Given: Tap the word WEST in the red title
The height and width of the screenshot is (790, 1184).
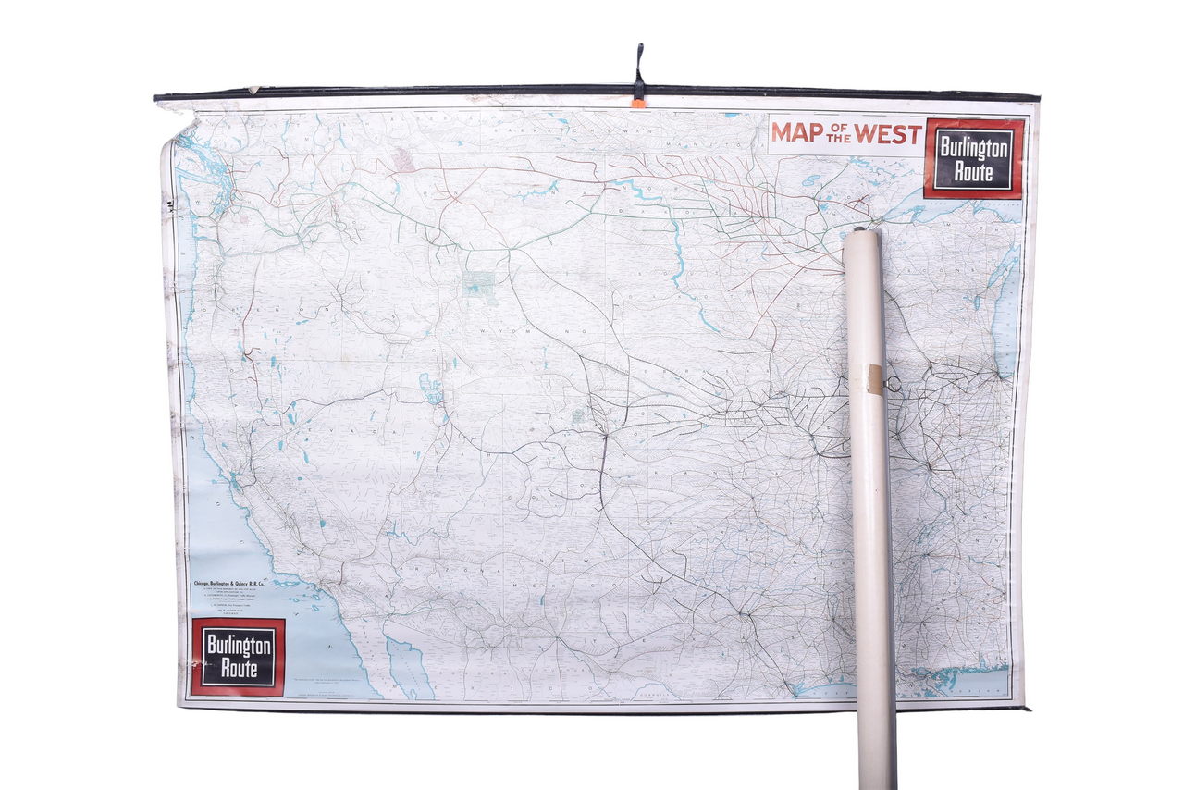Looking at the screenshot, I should tap(888, 132).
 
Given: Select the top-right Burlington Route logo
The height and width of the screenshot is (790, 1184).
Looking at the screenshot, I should tap(974, 158).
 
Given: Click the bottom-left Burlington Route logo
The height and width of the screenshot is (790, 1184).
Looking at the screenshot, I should tap(238, 657).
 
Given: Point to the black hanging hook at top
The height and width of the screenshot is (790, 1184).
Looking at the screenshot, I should tap(638, 68).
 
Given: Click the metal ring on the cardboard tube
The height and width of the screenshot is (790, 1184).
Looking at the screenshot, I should tap(894, 383).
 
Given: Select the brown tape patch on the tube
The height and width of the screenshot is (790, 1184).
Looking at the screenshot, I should tap(874, 377).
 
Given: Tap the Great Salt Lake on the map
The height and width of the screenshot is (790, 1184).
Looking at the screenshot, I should tap(430, 388).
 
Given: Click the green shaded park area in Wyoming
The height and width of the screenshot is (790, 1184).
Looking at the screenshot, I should tap(479, 282).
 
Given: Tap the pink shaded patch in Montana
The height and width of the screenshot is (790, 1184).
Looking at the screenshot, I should tap(403, 161).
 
